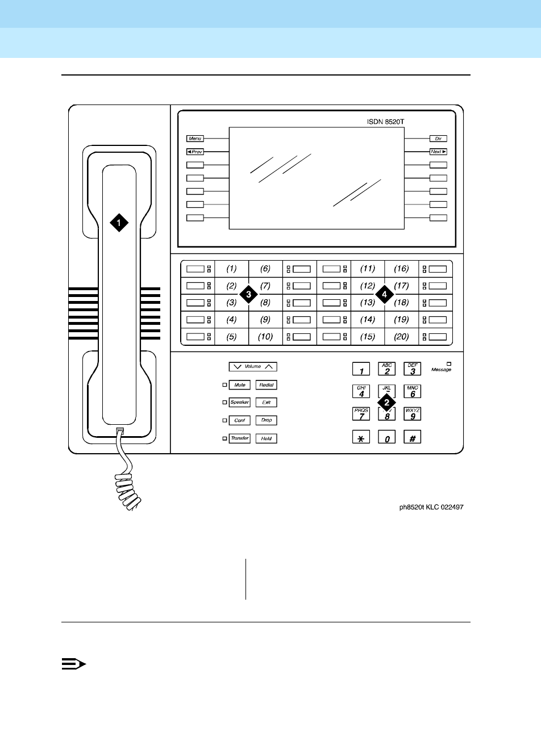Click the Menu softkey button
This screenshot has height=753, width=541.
click(195, 139)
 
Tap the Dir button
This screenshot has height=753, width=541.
click(438, 139)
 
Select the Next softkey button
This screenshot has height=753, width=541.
click(438, 152)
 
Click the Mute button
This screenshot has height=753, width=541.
click(240, 385)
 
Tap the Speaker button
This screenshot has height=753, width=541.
click(240, 403)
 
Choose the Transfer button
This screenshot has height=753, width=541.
click(240, 438)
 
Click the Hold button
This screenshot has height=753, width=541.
click(266, 438)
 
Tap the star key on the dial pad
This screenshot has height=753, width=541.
click(361, 437)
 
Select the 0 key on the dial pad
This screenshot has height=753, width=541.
click(386, 437)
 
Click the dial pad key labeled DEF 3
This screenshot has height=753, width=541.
click(413, 370)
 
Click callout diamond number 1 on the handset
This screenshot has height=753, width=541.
click(119, 223)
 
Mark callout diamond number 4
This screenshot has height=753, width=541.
click(385, 294)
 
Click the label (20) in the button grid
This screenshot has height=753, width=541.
click(401, 337)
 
